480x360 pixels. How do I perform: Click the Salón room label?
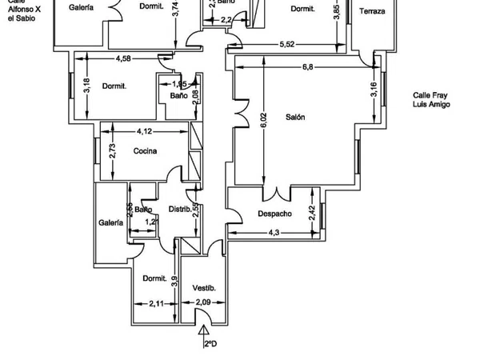click(x=296, y=117)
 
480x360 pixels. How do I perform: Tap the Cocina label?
click(x=145, y=151)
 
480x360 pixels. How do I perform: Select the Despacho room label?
click(x=274, y=214)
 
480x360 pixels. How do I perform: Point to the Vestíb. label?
click(x=205, y=287)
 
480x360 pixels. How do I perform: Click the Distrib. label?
click(x=179, y=210)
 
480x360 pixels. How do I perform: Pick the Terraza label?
click(x=372, y=11)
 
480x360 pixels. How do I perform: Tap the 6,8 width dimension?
click(x=307, y=67)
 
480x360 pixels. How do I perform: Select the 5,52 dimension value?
click(x=288, y=45)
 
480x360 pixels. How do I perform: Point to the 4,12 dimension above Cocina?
click(x=144, y=131)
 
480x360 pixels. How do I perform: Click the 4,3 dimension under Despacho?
click(x=273, y=233)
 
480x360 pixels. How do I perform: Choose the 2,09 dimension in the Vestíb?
click(x=204, y=302)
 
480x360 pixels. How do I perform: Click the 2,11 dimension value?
click(x=156, y=303)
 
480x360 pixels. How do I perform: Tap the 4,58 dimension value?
click(x=123, y=58)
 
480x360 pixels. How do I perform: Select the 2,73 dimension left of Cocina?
click(x=113, y=150)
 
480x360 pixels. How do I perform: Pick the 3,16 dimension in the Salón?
click(x=373, y=89)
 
